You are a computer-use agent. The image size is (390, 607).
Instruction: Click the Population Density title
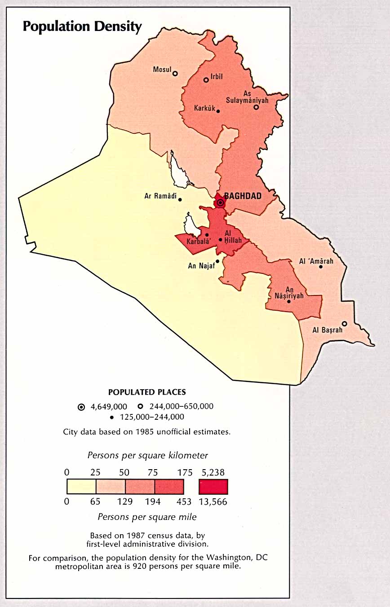[82, 27]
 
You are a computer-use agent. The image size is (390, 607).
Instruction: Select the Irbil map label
[217, 77]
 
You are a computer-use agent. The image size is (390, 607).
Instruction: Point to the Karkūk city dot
[218, 111]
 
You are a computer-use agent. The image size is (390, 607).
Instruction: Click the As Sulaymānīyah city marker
[256, 107]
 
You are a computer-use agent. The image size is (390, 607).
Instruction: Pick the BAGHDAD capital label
[246, 196]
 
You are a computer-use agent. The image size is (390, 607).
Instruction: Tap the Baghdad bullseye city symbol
[220, 203]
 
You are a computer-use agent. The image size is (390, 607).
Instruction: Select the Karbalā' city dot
[207, 235]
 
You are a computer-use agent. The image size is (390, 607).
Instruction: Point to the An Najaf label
[200, 266]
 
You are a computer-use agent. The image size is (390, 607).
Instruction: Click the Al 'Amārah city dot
[321, 267]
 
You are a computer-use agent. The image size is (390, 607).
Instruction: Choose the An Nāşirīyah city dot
[289, 301]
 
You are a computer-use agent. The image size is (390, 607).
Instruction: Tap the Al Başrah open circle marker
[345, 324]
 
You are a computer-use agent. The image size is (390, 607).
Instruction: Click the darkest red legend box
[213, 486]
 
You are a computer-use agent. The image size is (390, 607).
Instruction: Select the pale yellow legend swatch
[81, 486]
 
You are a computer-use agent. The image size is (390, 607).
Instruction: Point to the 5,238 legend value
[213, 472]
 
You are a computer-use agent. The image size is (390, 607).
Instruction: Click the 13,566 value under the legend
[213, 501]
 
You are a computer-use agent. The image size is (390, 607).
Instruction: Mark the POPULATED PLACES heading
[147, 392]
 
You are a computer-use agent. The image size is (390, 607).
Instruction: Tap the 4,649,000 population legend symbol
[81, 407]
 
